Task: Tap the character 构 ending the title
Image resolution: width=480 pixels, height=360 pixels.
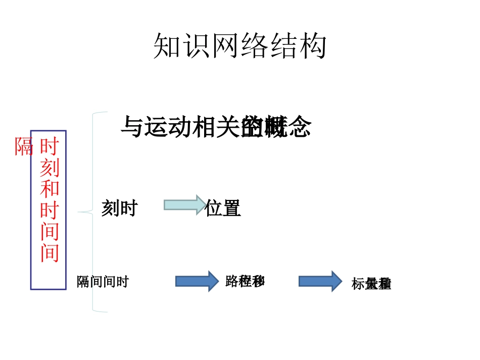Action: click(312, 47)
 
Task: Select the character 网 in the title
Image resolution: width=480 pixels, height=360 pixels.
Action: click(225, 47)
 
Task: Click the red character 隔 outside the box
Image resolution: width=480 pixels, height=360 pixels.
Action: click(24, 147)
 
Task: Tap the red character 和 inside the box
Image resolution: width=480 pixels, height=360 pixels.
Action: click(50, 188)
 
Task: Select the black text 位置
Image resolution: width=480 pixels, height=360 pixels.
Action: click(222, 208)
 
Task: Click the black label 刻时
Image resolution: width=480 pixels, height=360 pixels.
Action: click(119, 208)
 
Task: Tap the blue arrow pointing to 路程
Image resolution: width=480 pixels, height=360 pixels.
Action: click(197, 281)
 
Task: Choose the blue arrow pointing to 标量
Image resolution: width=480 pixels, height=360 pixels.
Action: click(320, 281)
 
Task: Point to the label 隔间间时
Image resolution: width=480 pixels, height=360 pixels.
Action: click(103, 282)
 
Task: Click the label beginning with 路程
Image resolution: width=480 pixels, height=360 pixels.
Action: click(245, 281)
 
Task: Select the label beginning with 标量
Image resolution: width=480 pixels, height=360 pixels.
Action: click(371, 284)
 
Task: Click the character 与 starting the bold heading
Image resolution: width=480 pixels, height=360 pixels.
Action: click(132, 127)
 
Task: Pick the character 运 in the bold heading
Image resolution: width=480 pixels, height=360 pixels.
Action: click(155, 127)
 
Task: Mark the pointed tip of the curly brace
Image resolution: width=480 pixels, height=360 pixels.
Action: click(79, 212)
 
